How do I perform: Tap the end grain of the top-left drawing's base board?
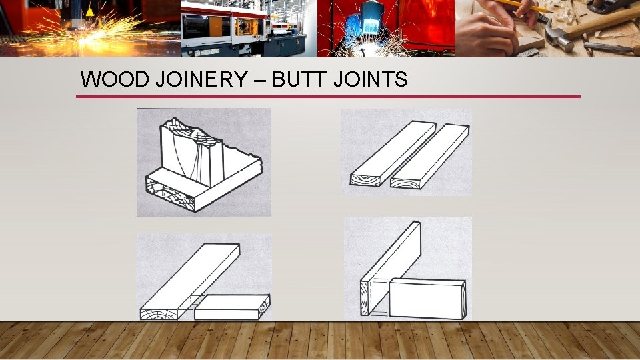(x=170, y=197)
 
